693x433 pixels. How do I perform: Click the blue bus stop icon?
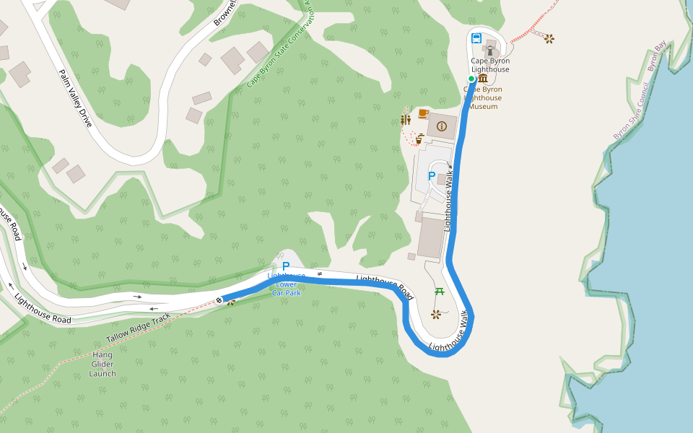[x=476, y=38]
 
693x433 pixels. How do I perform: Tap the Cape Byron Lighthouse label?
[x=490, y=65]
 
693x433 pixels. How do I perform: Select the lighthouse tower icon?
[x=490, y=51]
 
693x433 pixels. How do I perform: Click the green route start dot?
[x=471, y=79]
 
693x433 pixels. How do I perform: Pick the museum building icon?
[x=482, y=78]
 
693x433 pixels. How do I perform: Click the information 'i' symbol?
[x=442, y=126]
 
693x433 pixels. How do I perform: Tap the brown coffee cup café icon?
[x=422, y=113]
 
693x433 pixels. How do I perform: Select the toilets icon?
[x=406, y=120]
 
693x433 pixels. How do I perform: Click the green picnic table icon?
[x=439, y=292]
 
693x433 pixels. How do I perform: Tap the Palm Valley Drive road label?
[x=76, y=98]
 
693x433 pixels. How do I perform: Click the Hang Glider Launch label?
[x=103, y=364]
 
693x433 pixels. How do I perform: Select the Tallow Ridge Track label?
[x=138, y=328]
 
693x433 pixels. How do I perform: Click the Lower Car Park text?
[x=287, y=289]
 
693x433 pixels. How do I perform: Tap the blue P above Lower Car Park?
[x=286, y=266]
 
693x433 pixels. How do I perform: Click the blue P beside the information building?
[x=432, y=176]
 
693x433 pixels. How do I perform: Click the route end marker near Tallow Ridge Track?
[x=219, y=299]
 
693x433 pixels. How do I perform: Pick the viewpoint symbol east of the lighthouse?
[x=550, y=38]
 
